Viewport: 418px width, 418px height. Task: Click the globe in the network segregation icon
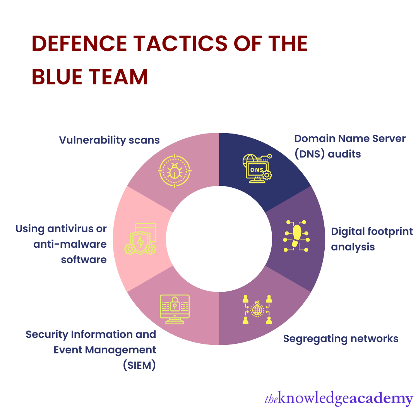click(257, 309)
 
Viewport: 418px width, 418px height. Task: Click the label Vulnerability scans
click(110, 140)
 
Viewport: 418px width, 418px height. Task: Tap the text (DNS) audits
click(327, 154)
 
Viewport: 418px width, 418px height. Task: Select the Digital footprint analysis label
click(372, 239)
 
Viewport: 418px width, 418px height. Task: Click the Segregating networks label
click(341, 339)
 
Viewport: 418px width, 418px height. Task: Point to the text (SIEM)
click(139, 365)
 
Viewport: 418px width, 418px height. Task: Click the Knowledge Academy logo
click(338, 399)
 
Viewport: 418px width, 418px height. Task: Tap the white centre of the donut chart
click(219, 239)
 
